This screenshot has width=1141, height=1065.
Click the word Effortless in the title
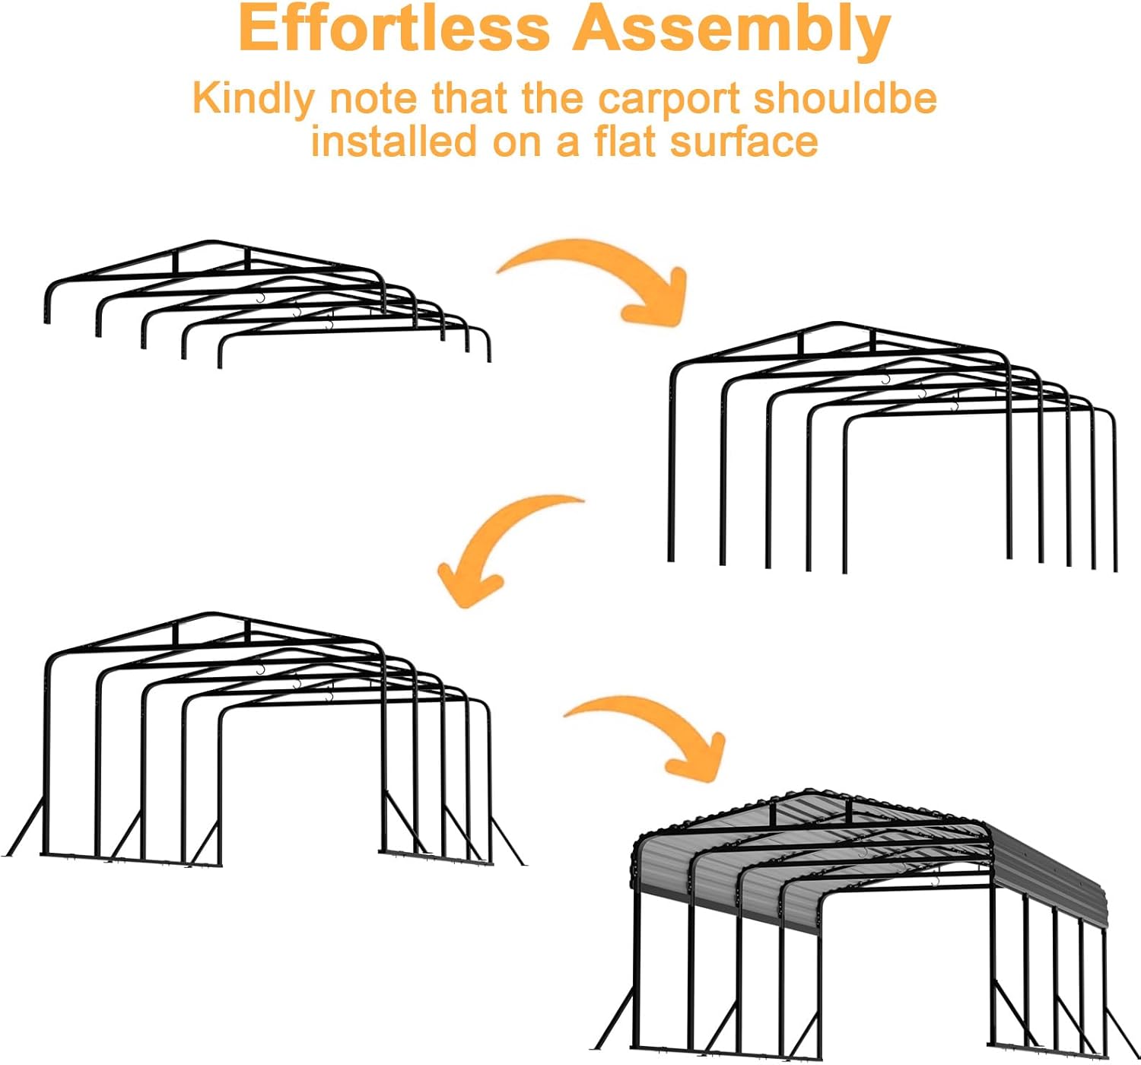(394, 30)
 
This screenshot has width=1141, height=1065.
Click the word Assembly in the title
(731, 32)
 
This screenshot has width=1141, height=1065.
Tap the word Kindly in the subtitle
(253, 100)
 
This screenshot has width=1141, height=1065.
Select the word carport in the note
(669, 100)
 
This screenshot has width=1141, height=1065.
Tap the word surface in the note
(743, 142)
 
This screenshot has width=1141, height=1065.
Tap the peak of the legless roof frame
(212, 242)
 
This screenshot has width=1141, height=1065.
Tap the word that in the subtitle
(469, 98)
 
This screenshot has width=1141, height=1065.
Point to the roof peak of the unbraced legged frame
(837, 324)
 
